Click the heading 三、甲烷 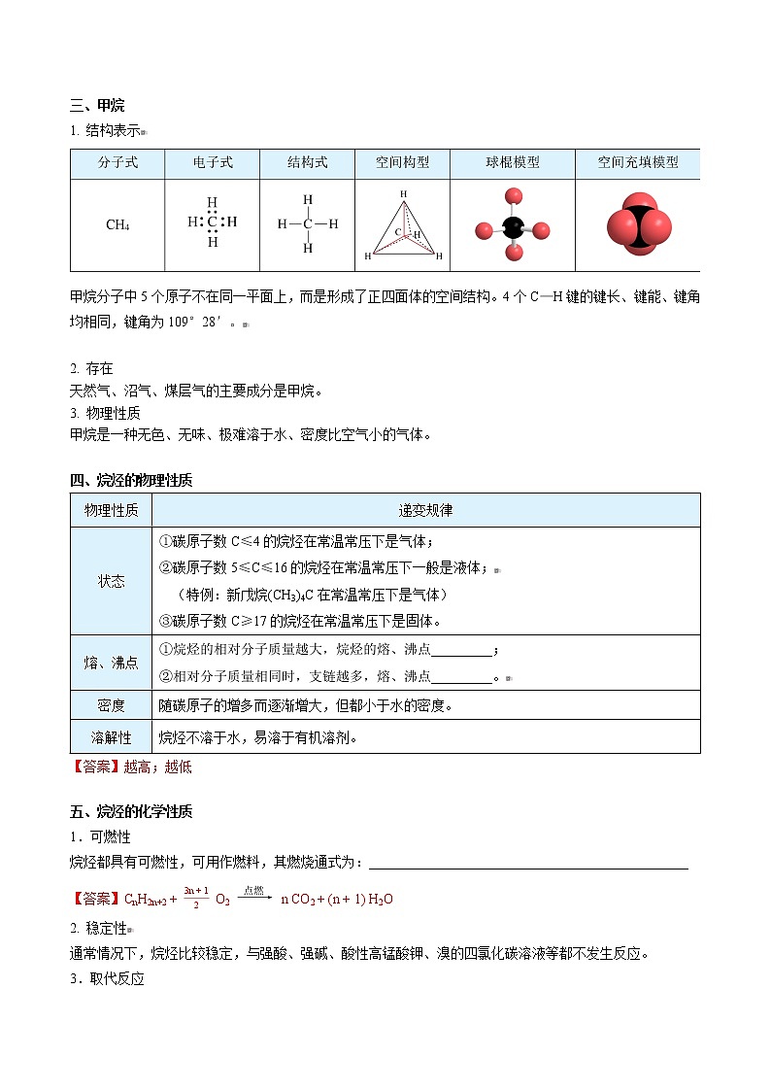coord(97,106)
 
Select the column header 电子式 coord(213,163)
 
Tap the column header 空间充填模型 coord(637,163)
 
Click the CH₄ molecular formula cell coord(117,225)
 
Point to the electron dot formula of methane coord(213,222)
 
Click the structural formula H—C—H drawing coord(308,224)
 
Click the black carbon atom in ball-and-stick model coord(513,229)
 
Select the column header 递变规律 coord(425,510)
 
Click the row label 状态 coord(111,581)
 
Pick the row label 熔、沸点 coord(111,663)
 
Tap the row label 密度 coord(111,705)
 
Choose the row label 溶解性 coord(111,737)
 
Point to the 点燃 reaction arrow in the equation coord(253,899)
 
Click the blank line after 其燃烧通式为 coord(528,864)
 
